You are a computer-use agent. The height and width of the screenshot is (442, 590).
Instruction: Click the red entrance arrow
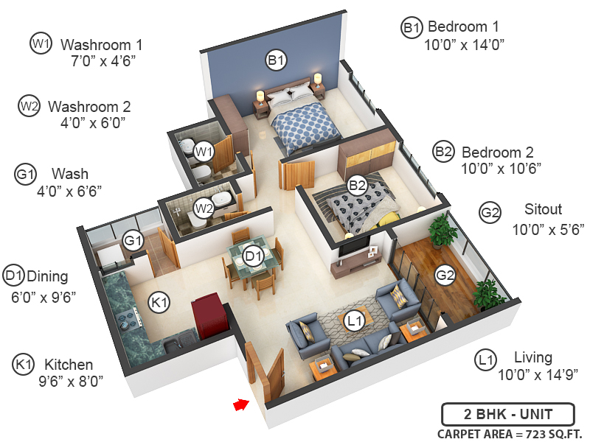click(x=240, y=404)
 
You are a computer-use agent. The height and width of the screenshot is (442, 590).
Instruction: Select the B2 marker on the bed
click(x=358, y=186)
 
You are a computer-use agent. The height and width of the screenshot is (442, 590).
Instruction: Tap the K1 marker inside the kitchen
click(x=160, y=302)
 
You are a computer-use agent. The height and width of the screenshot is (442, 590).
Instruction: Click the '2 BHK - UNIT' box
click(x=508, y=414)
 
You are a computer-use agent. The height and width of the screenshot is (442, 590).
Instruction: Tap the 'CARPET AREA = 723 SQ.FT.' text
click(x=510, y=433)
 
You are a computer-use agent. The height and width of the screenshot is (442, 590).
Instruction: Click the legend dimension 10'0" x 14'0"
click(x=464, y=45)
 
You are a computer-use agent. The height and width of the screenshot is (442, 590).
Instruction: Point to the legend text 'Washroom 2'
click(x=89, y=106)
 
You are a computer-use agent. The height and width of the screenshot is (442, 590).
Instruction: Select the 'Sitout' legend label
click(x=543, y=208)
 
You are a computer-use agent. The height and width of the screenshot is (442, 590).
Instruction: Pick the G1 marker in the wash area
click(x=133, y=241)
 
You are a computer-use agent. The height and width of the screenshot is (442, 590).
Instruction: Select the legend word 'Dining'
click(x=47, y=277)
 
